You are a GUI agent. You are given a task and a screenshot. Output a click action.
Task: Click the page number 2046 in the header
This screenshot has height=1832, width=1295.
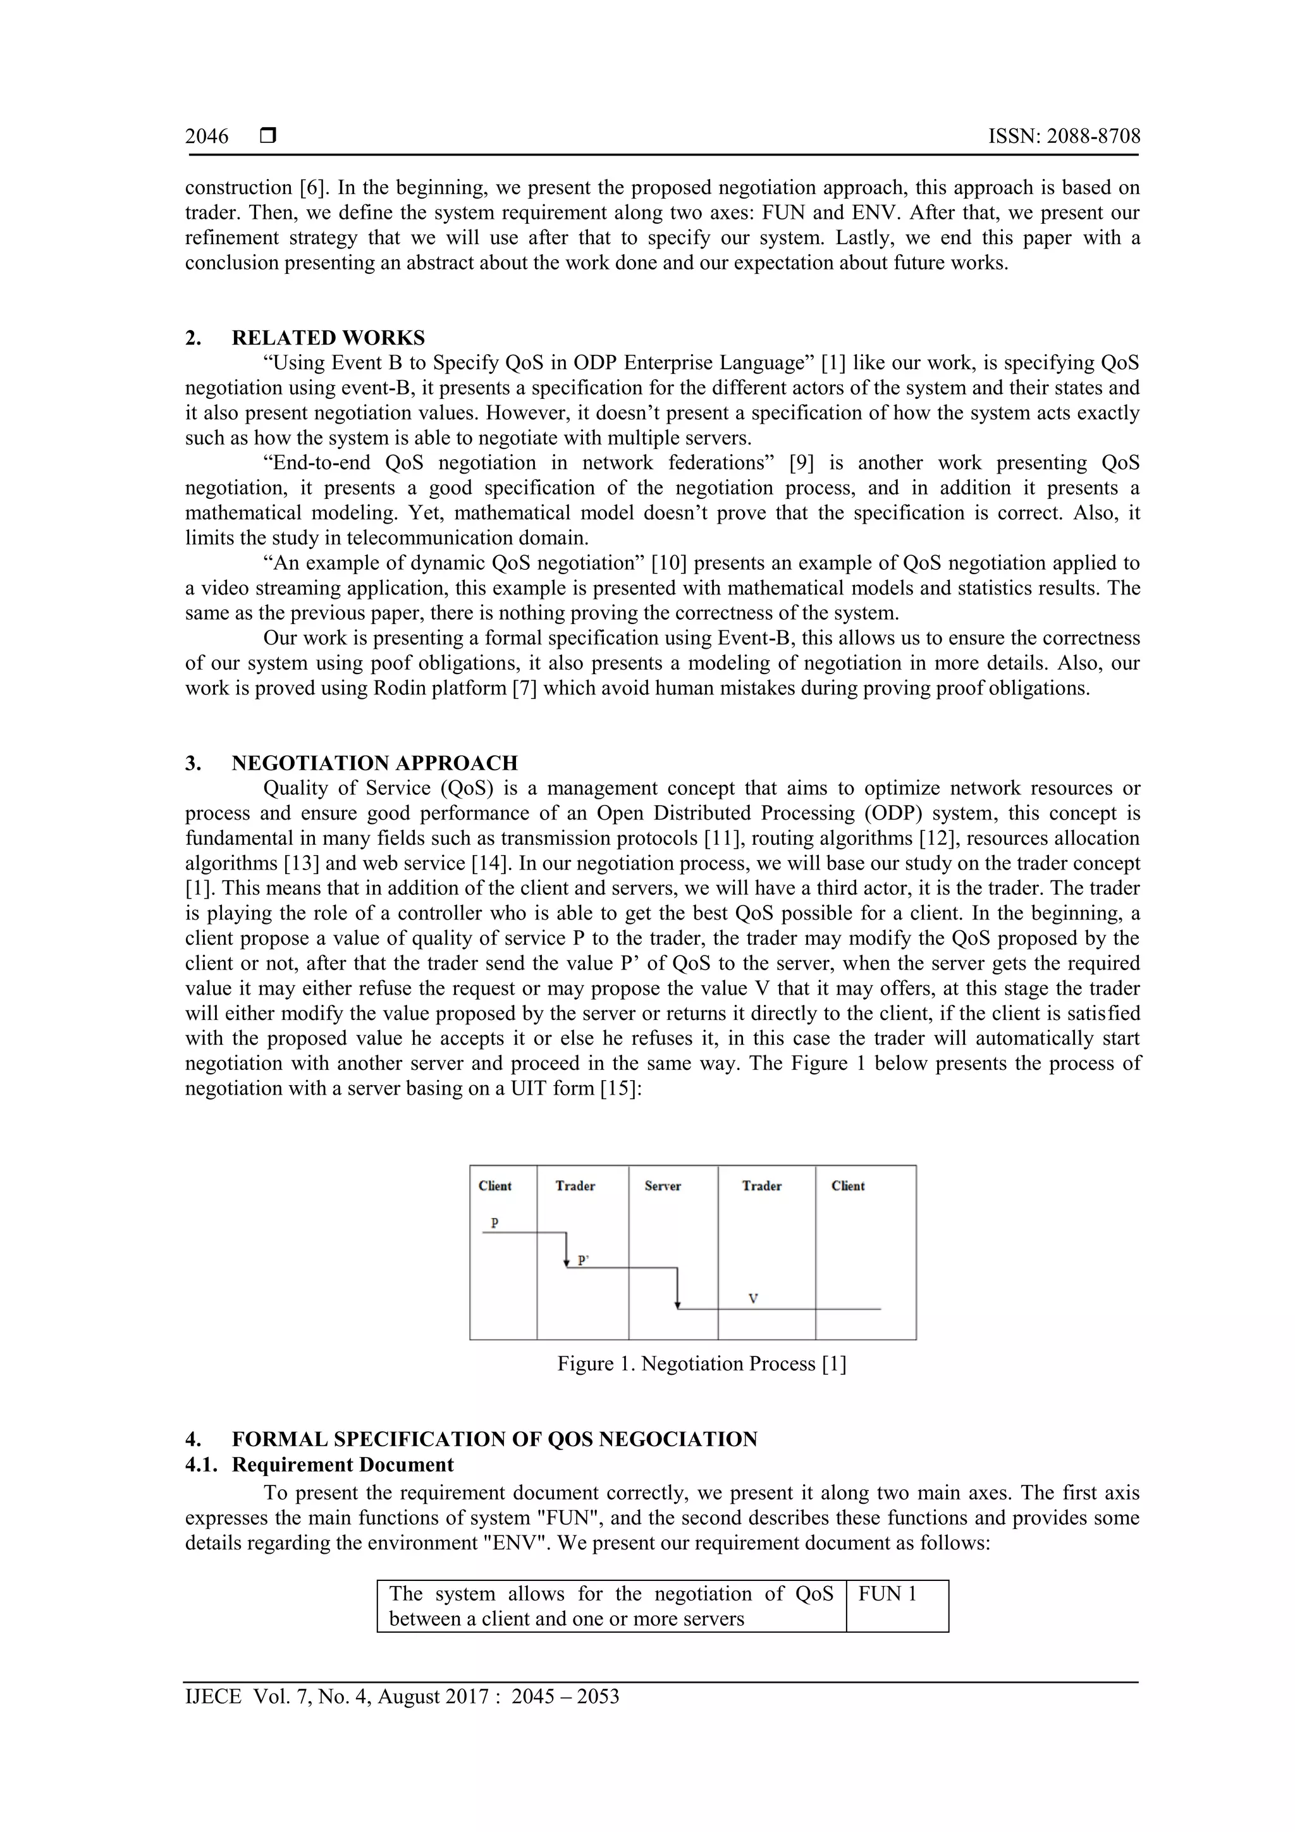coord(207,137)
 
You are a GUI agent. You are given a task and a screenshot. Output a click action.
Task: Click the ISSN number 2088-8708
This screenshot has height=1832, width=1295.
coord(1064,137)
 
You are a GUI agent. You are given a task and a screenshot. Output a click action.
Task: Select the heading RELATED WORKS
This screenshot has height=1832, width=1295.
coord(328,338)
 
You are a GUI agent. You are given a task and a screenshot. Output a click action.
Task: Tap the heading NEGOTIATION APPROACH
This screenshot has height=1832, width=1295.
coord(374,763)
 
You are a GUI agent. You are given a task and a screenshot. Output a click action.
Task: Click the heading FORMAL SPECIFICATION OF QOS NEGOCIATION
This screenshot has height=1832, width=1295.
coord(494,1439)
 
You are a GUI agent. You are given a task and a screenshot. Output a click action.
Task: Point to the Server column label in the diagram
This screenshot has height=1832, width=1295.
coord(662,1186)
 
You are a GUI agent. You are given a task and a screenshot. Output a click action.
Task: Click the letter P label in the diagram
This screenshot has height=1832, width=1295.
coord(494,1222)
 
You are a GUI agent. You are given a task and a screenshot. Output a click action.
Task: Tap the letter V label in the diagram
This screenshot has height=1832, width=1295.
coord(752,1298)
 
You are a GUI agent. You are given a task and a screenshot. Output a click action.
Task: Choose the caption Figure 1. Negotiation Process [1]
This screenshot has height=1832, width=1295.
coord(701,1363)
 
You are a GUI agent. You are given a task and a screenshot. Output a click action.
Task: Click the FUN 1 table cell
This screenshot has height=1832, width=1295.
coord(887,1594)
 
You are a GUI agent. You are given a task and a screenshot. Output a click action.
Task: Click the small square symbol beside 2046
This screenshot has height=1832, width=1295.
coord(268,137)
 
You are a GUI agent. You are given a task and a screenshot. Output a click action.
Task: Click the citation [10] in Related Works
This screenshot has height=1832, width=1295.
coord(665,563)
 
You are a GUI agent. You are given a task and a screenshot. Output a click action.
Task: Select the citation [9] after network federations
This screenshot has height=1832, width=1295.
coord(801,463)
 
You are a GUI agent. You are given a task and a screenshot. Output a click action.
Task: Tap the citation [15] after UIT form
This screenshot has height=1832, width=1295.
coord(621,1088)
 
